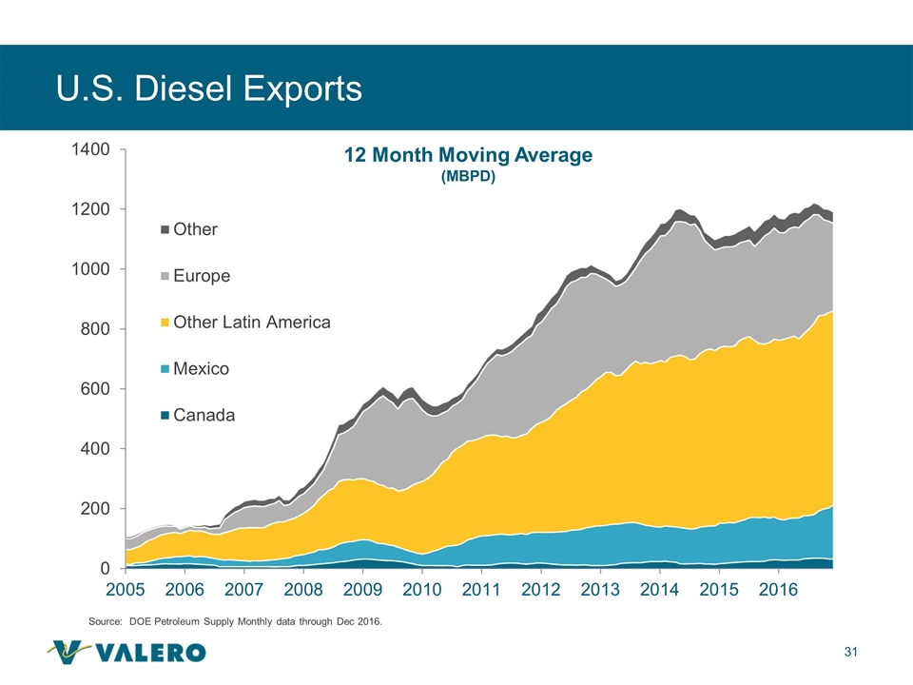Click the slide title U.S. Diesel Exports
tap(209, 88)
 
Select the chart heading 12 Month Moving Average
tap(468, 156)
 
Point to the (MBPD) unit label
tap(468, 178)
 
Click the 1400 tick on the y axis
tap(92, 149)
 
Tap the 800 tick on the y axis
tap(97, 329)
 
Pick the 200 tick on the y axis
tap(97, 509)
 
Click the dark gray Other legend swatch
tap(165, 229)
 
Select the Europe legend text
tap(203, 276)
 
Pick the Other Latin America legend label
tap(252, 323)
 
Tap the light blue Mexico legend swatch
tap(165, 369)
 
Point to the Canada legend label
tap(204, 415)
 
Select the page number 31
tap(851, 652)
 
